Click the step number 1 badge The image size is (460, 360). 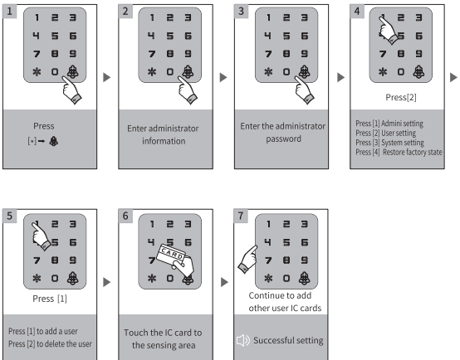10,12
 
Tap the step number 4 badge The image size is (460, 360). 357,12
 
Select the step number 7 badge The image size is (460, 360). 241,216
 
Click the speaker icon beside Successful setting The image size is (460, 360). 243,340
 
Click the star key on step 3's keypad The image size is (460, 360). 268,72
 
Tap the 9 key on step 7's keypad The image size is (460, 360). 305,260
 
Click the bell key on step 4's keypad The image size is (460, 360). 418,71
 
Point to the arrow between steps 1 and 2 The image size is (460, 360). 107,77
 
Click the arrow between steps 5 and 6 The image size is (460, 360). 107,282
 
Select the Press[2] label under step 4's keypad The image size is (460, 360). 401,97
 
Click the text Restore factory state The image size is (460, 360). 412,152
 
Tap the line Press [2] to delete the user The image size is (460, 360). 50,343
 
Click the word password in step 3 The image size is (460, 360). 283,139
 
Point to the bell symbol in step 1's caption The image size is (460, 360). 54,141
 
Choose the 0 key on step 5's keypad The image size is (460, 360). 55,278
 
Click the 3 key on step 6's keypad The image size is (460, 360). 188,224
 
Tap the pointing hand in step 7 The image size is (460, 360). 248,259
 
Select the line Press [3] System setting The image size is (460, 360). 389,143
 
